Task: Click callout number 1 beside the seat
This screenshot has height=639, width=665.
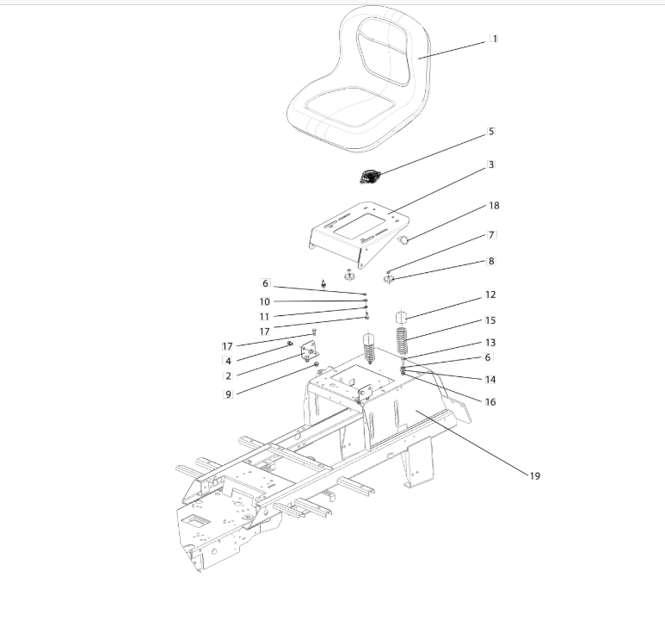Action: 494,39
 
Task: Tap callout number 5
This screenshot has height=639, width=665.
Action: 491,132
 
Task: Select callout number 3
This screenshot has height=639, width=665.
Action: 491,164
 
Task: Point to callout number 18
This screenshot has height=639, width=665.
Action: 494,206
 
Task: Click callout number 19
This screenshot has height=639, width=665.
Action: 535,476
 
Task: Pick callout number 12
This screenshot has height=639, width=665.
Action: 490,295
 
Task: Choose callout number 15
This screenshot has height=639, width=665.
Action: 490,320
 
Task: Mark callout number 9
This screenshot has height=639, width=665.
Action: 228,394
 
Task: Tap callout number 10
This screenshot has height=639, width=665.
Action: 265,301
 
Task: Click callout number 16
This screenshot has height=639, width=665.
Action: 490,401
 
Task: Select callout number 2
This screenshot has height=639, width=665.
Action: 228,375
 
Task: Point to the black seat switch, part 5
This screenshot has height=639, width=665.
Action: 369,177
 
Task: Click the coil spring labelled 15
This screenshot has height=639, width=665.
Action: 402,341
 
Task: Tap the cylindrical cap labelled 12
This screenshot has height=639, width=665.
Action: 401,317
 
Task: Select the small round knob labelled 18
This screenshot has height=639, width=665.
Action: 403,240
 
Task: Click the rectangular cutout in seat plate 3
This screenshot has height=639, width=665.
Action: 359,226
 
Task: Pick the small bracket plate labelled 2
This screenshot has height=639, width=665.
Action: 310,351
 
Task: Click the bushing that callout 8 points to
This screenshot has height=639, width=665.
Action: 389,279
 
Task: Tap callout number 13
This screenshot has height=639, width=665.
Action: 490,342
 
